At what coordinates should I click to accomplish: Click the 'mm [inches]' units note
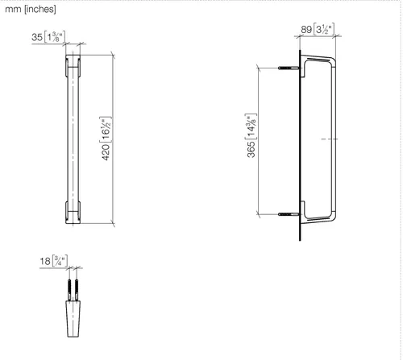pyautogui.click(x=31, y=9)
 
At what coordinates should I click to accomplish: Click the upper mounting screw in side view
pyautogui.click(x=289, y=68)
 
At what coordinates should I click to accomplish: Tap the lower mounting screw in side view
pyautogui.click(x=289, y=214)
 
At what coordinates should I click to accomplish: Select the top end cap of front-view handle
pyautogui.click(x=73, y=66)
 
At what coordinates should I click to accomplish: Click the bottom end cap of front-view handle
pyautogui.click(x=73, y=212)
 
